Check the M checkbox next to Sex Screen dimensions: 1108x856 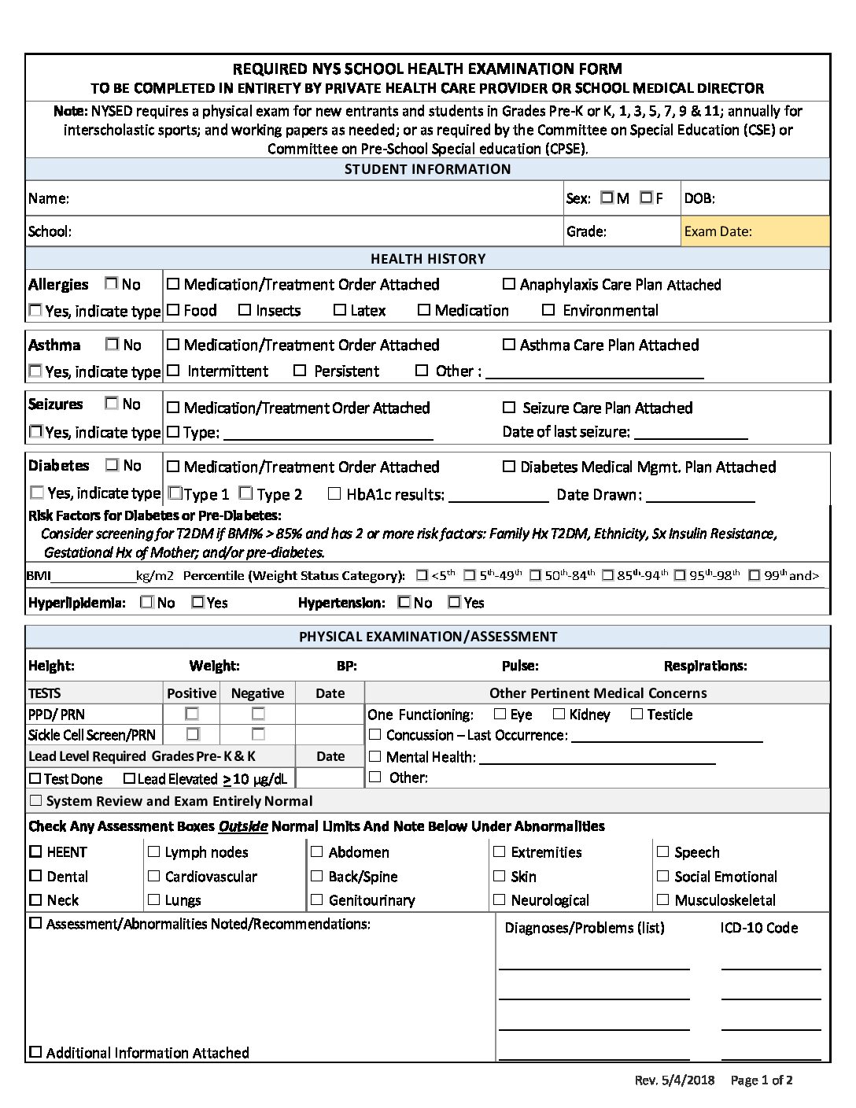point(607,198)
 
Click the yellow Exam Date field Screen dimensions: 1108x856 point(755,231)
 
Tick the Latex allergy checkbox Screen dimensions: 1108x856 point(340,310)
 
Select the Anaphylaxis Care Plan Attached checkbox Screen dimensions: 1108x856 point(509,284)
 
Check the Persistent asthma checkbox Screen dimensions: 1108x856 point(300,370)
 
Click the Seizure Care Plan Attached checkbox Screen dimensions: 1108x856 point(509,408)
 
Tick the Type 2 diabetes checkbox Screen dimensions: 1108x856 point(245,493)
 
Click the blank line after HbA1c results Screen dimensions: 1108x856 point(498,496)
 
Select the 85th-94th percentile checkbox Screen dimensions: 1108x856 point(607,575)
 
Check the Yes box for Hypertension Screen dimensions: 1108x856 point(454,602)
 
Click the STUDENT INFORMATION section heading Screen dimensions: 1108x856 point(427,169)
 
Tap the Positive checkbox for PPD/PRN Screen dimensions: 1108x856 point(191,714)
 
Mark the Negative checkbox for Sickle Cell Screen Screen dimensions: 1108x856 point(258,734)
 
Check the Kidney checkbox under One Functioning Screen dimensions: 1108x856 point(559,714)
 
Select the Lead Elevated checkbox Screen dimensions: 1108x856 point(130,778)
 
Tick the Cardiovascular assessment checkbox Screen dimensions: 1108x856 point(154,876)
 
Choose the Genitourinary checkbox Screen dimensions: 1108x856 point(317,899)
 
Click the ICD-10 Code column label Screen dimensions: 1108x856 point(758,928)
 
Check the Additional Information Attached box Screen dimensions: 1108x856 point(35,1052)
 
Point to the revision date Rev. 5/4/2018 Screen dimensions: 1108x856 point(674,1080)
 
